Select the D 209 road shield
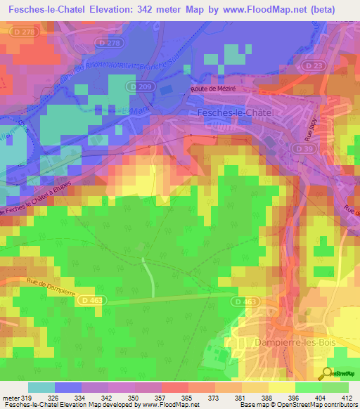click(x=140, y=85)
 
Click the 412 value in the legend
click(x=345, y=397)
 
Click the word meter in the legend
click(x=11, y=397)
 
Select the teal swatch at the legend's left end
click(x=41, y=387)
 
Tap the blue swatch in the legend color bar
click(x=68, y=387)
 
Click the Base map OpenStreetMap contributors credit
click(x=296, y=405)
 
